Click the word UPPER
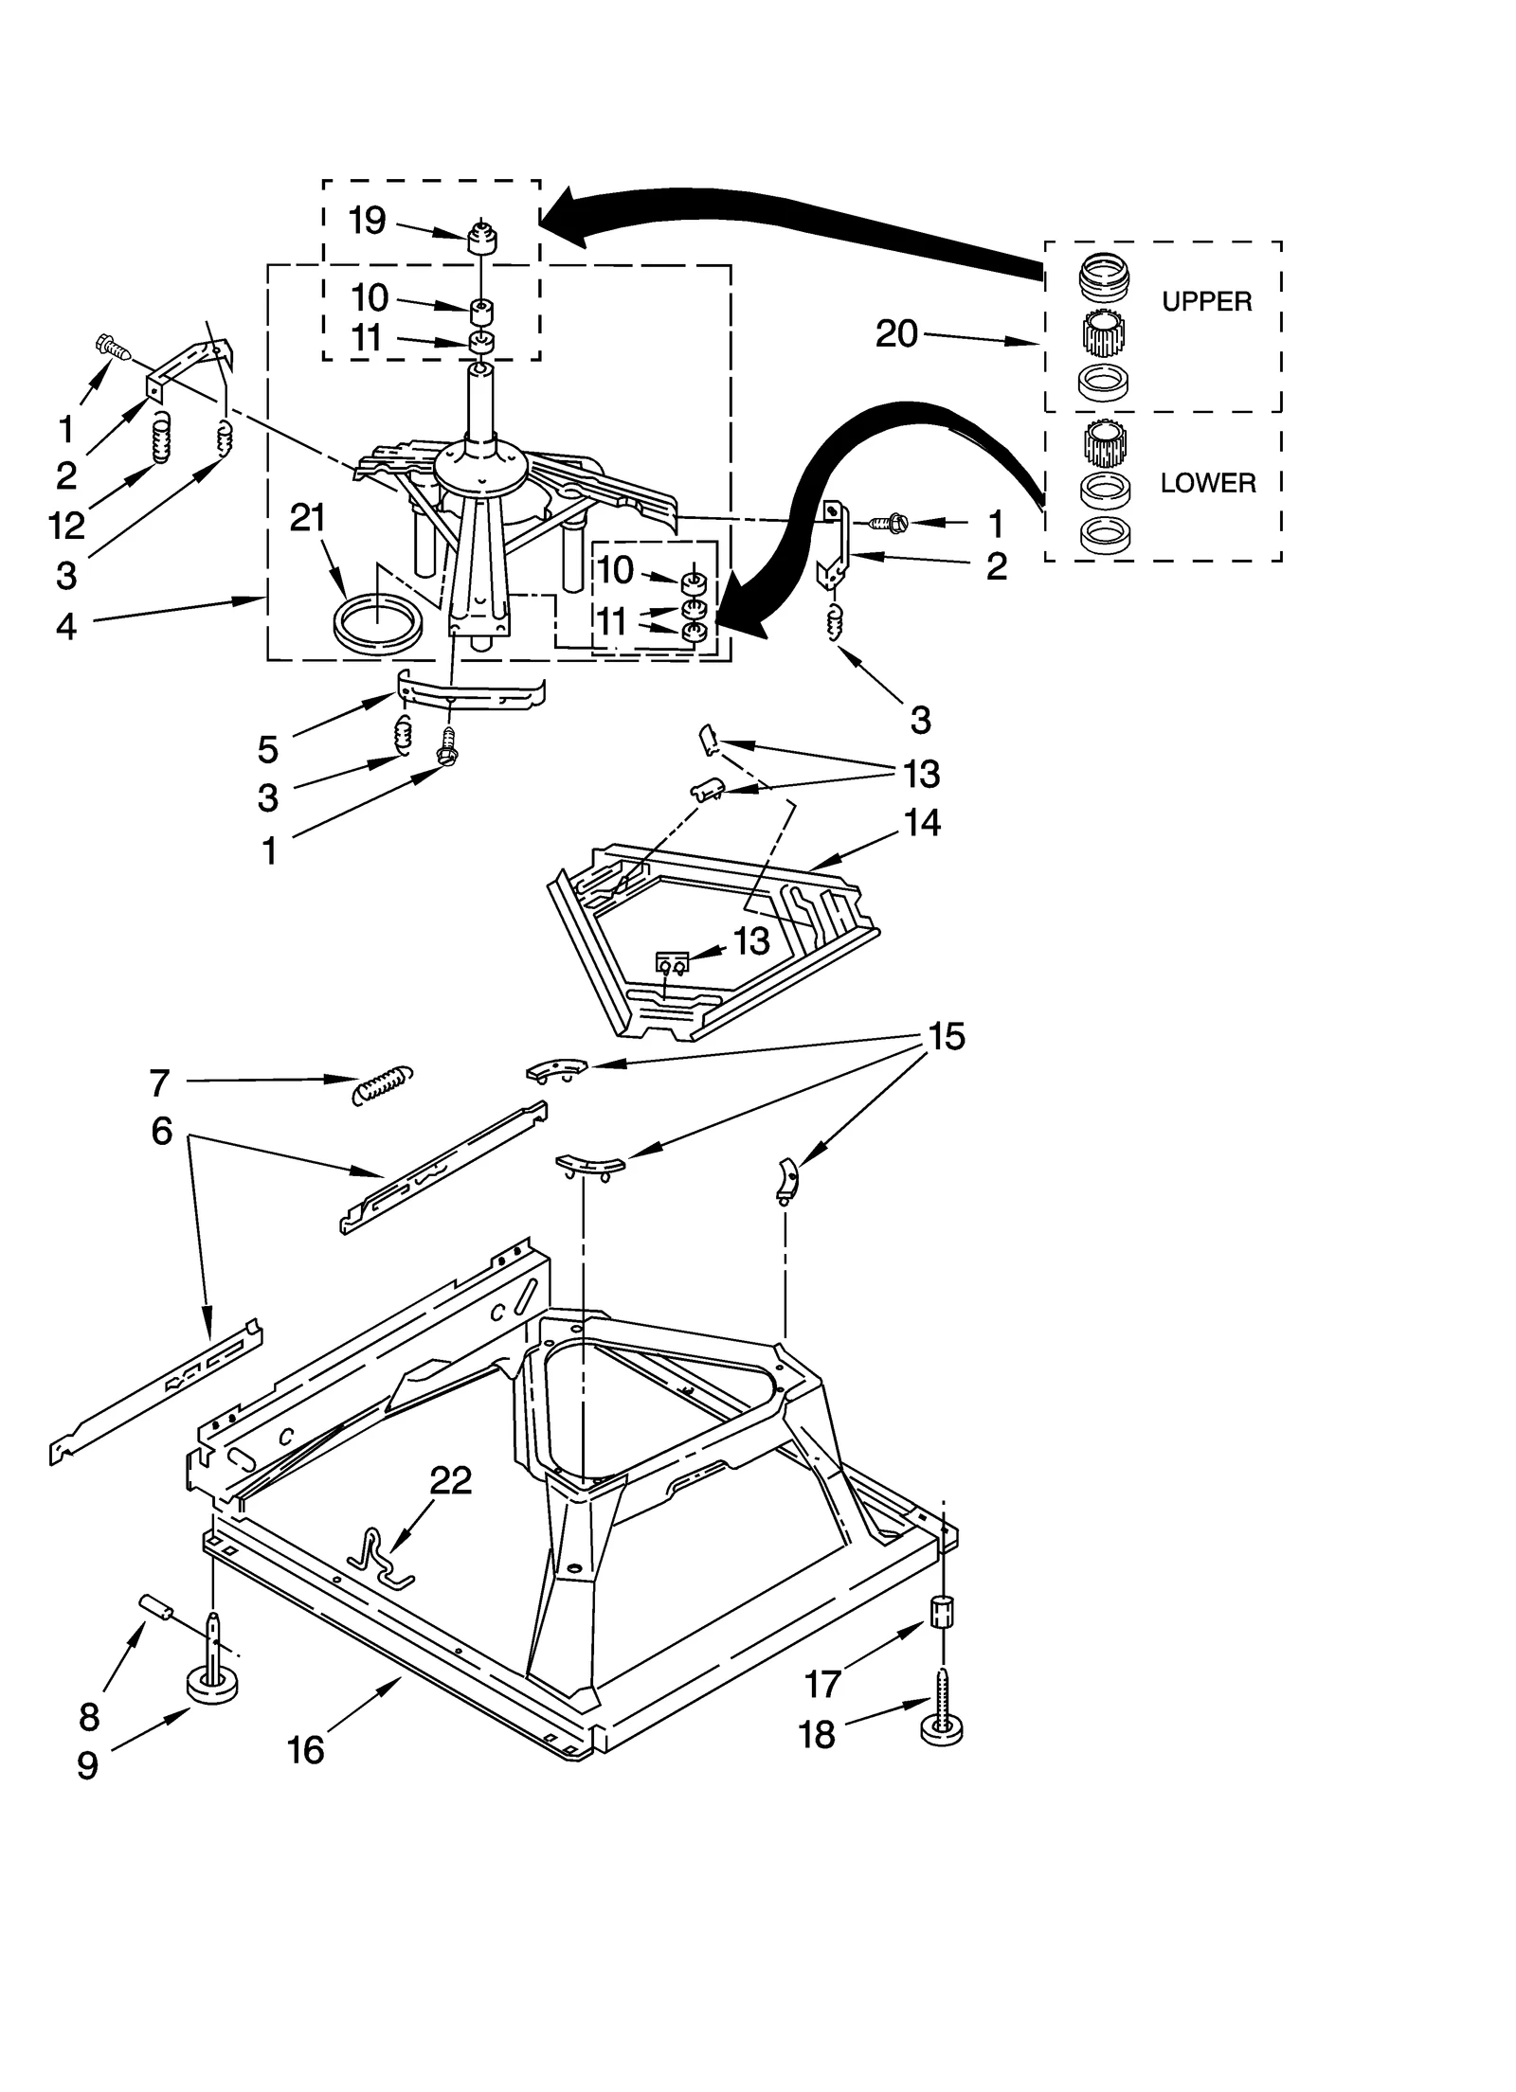coord(1206,301)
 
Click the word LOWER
coord(1208,483)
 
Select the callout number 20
coord(896,333)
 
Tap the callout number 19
coord(368,221)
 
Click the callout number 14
coord(922,822)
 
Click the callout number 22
coord(450,1480)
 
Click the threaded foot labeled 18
coord(942,1726)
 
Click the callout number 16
coord(305,1750)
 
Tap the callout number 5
coord(268,750)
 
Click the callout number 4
coord(65,626)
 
